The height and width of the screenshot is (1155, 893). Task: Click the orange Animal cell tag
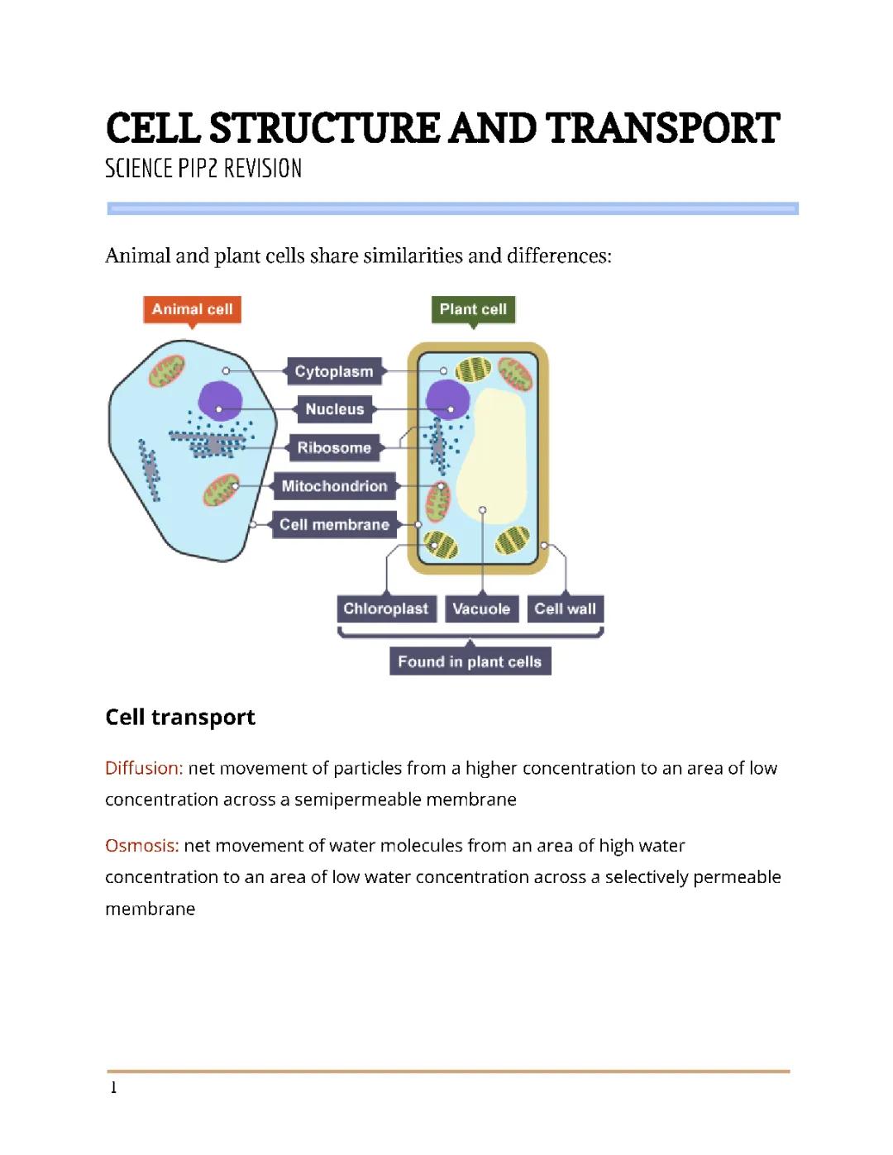(192, 309)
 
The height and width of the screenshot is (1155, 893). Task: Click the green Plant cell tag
(473, 309)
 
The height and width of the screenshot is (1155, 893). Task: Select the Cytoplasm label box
(334, 371)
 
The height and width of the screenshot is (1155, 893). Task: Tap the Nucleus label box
(334, 409)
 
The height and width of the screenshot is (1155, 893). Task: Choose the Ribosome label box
(334, 447)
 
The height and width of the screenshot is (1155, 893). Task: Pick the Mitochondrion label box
(334, 486)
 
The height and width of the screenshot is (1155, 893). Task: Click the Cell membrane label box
(334, 524)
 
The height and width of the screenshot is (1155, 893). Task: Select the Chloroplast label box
(385, 609)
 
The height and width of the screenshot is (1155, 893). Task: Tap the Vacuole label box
(481, 609)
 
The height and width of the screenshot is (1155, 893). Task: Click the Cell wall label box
(565, 609)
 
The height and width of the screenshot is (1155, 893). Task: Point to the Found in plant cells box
(470, 661)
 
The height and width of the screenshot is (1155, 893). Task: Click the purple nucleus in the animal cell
(219, 401)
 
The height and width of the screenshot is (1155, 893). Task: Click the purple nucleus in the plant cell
(447, 401)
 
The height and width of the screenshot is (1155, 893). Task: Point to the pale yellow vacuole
(493, 463)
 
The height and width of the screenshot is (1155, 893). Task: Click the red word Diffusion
(143, 768)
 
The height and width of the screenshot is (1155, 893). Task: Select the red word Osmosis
(141, 846)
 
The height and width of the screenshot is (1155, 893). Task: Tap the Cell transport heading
(180, 717)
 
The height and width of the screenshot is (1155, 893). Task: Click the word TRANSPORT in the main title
(662, 129)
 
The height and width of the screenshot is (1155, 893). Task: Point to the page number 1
(113, 1087)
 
